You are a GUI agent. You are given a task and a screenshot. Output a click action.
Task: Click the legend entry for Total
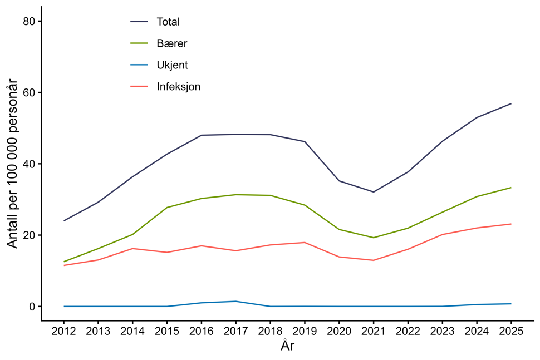click(168, 22)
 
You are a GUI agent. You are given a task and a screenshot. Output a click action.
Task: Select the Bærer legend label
click(171, 43)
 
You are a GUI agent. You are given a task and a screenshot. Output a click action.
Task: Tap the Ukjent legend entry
click(172, 65)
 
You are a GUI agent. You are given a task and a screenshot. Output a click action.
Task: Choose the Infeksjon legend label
click(178, 87)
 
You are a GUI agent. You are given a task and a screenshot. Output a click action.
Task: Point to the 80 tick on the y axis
click(29, 21)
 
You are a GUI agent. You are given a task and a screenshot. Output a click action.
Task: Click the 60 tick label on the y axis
click(29, 92)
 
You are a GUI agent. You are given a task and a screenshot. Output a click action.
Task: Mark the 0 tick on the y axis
click(32, 307)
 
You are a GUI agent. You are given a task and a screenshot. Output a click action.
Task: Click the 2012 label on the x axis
click(64, 331)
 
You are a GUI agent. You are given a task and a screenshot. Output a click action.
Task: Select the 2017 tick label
click(236, 331)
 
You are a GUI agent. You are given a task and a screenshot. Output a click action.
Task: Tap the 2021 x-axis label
click(374, 331)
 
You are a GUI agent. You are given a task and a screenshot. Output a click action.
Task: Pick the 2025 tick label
click(511, 331)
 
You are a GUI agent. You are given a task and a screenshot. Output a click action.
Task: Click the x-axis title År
click(287, 346)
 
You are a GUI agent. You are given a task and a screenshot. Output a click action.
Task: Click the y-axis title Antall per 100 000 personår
click(12, 164)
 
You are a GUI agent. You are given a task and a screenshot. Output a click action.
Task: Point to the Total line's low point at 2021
click(374, 192)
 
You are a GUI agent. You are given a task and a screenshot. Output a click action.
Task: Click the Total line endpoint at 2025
click(511, 103)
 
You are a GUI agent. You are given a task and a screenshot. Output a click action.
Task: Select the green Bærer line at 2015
click(167, 208)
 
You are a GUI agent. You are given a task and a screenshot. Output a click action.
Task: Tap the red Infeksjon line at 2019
click(305, 243)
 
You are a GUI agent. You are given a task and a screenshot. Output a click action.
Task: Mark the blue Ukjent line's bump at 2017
click(236, 301)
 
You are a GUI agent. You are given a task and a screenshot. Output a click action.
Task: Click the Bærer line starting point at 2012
click(64, 262)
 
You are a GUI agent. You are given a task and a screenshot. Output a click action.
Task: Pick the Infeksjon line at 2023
click(442, 234)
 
